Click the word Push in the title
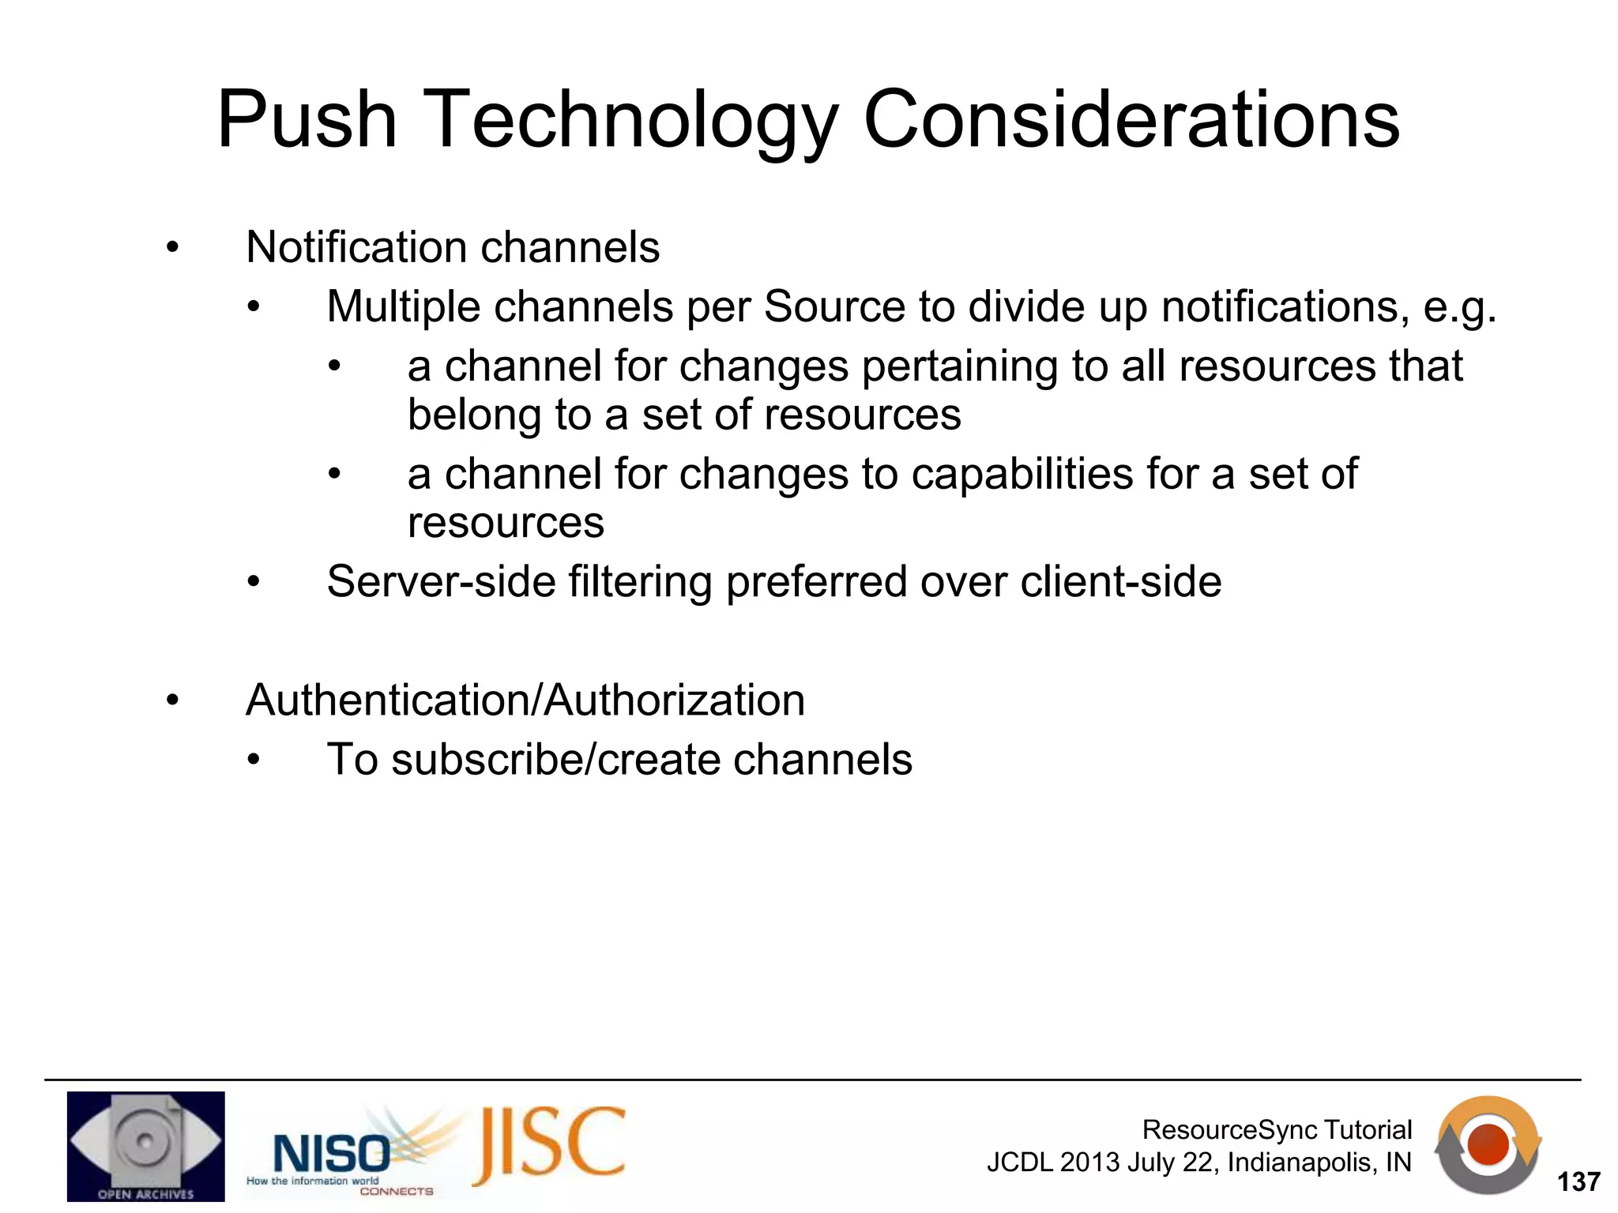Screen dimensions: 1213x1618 point(307,120)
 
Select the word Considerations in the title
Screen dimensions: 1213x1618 point(1131,120)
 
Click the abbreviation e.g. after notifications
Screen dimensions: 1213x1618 point(1459,308)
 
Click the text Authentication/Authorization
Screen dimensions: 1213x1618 point(525,700)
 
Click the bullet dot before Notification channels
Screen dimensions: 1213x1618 point(172,249)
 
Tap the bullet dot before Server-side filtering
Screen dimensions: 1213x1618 point(253,584)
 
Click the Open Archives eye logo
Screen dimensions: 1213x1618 point(145,1146)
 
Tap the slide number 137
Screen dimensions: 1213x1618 point(1578,1182)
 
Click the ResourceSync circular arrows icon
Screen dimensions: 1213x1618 point(1488,1145)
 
